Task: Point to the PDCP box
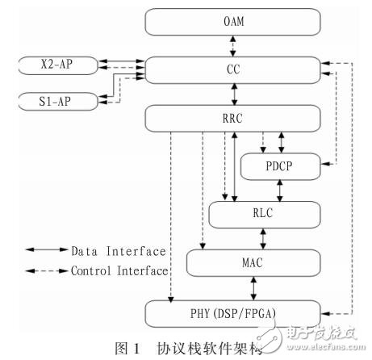coord(279,167)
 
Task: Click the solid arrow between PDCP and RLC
coord(279,190)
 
